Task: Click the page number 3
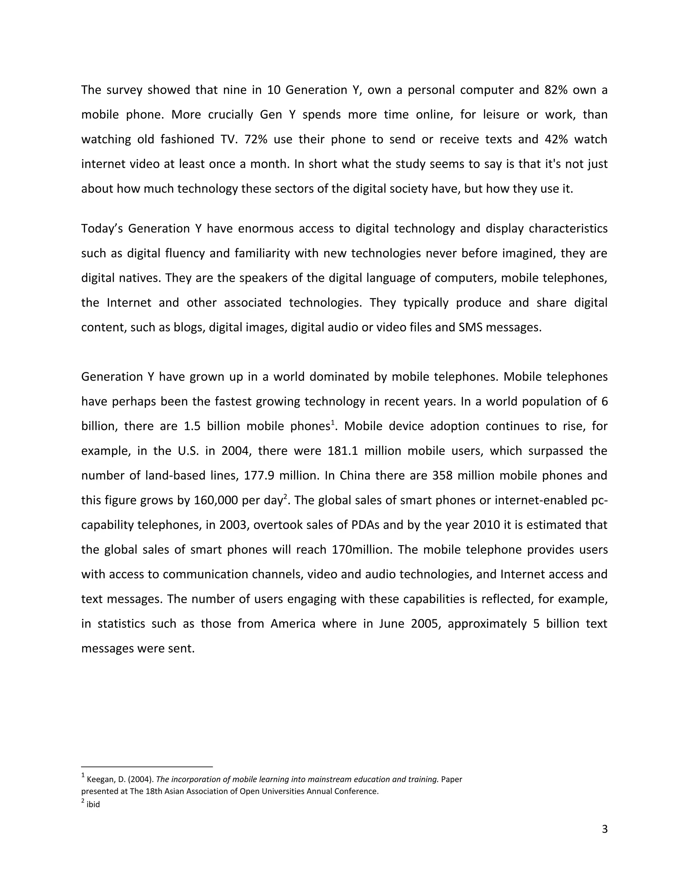tap(605, 829)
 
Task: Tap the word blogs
tap(189, 327)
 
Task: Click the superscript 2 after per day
tap(285, 496)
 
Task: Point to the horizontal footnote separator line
tap(147, 767)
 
